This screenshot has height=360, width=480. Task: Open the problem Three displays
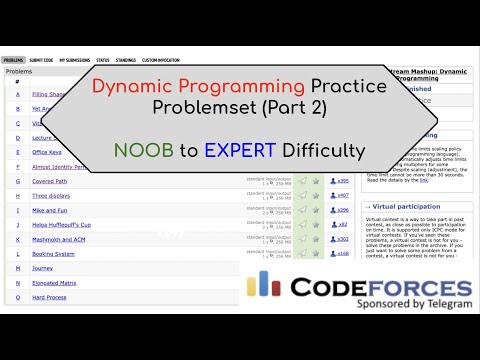[49, 196]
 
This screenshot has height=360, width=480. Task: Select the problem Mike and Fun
[49, 211]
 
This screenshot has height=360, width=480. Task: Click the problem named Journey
[41, 268]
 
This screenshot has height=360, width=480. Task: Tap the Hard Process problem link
[48, 297]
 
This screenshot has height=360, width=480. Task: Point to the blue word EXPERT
[237, 152]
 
